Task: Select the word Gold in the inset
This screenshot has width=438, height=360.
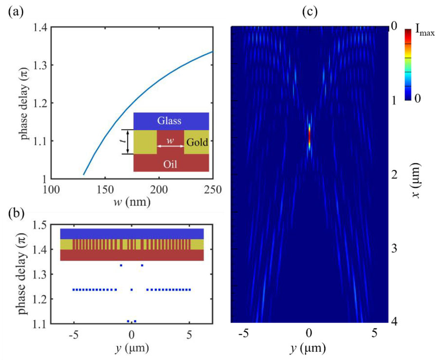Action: point(197,143)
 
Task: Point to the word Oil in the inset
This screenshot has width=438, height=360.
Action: point(170,164)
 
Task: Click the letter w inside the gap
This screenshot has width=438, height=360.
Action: point(169,140)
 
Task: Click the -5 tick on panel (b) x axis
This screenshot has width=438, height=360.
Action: point(73,335)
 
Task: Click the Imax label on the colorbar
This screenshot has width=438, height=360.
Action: point(424,33)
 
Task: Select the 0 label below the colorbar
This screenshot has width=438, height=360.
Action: point(417,98)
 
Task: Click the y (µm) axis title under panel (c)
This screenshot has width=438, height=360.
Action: point(309,348)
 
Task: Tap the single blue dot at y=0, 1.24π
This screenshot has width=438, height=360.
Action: point(131,290)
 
